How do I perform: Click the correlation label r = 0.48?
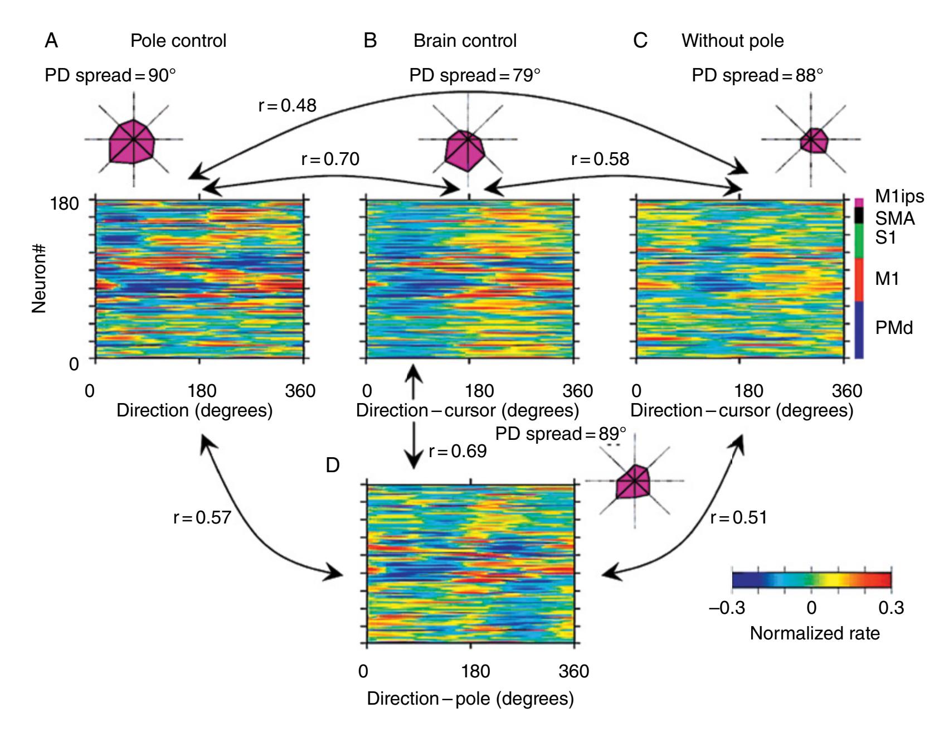tap(288, 105)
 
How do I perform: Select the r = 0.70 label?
tap(330, 159)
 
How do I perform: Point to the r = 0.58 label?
tap(600, 159)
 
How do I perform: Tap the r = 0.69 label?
tap(458, 451)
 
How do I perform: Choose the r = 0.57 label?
tap(202, 517)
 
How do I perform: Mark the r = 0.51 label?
tap(739, 517)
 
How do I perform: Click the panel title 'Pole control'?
tap(178, 41)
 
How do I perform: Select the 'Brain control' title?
tap(465, 41)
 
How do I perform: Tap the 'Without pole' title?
tap(732, 41)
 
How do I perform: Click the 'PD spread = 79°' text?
tap(475, 75)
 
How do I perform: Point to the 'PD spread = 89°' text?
tap(561, 434)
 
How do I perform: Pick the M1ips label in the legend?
tap(899, 196)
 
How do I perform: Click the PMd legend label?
tap(894, 327)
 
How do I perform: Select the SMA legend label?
tap(895, 218)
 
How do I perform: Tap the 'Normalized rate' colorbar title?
tap(815, 633)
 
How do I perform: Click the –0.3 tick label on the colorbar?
tap(727, 607)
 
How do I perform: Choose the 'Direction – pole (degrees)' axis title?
tap(470, 699)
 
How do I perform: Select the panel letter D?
tap(333, 465)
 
